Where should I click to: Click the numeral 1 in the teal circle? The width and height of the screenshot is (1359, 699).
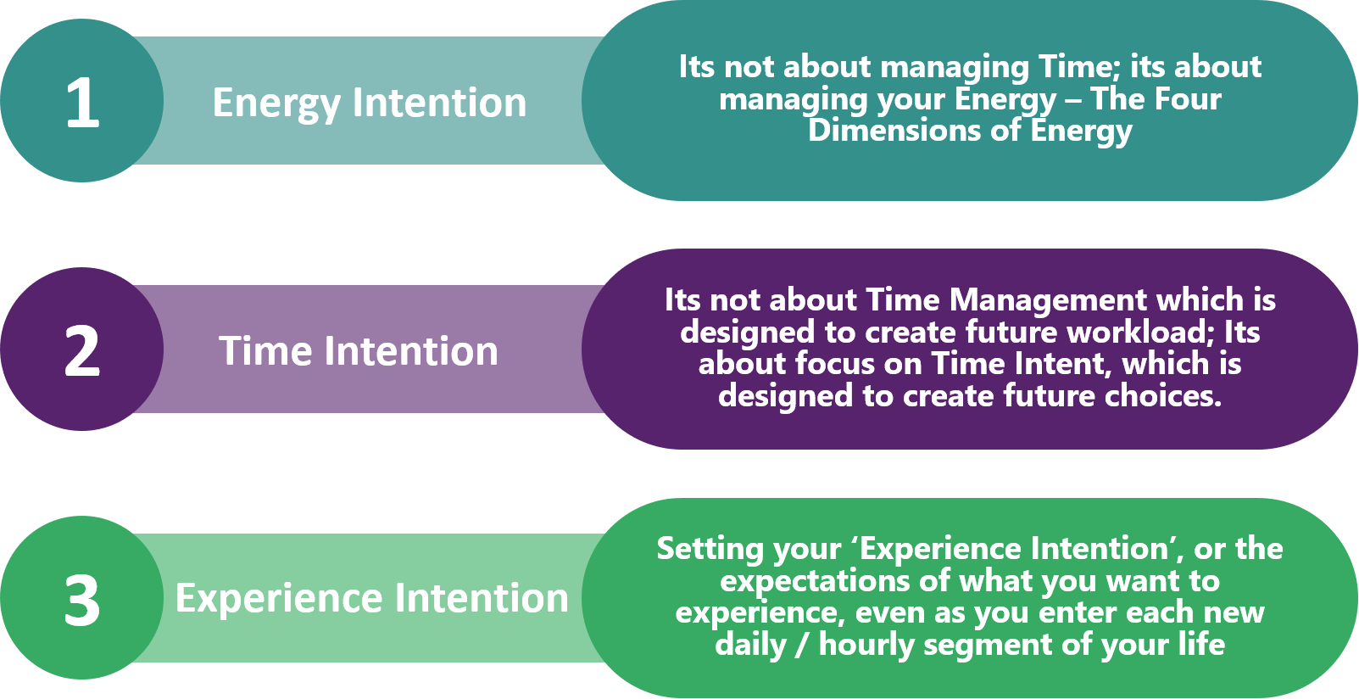[83, 102]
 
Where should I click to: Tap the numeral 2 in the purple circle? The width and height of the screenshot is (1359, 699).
[82, 350]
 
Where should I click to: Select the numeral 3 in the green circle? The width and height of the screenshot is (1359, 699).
[82, 600]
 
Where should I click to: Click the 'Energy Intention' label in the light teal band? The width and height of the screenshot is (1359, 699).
[370, 103]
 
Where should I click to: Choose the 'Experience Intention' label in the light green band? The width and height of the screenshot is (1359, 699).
[372, 599]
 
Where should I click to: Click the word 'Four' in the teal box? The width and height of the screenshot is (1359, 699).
[1187, 98]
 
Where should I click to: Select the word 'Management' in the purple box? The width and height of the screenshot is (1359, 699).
[1049, 300]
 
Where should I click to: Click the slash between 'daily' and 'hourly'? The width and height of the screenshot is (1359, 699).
[802, 645]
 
